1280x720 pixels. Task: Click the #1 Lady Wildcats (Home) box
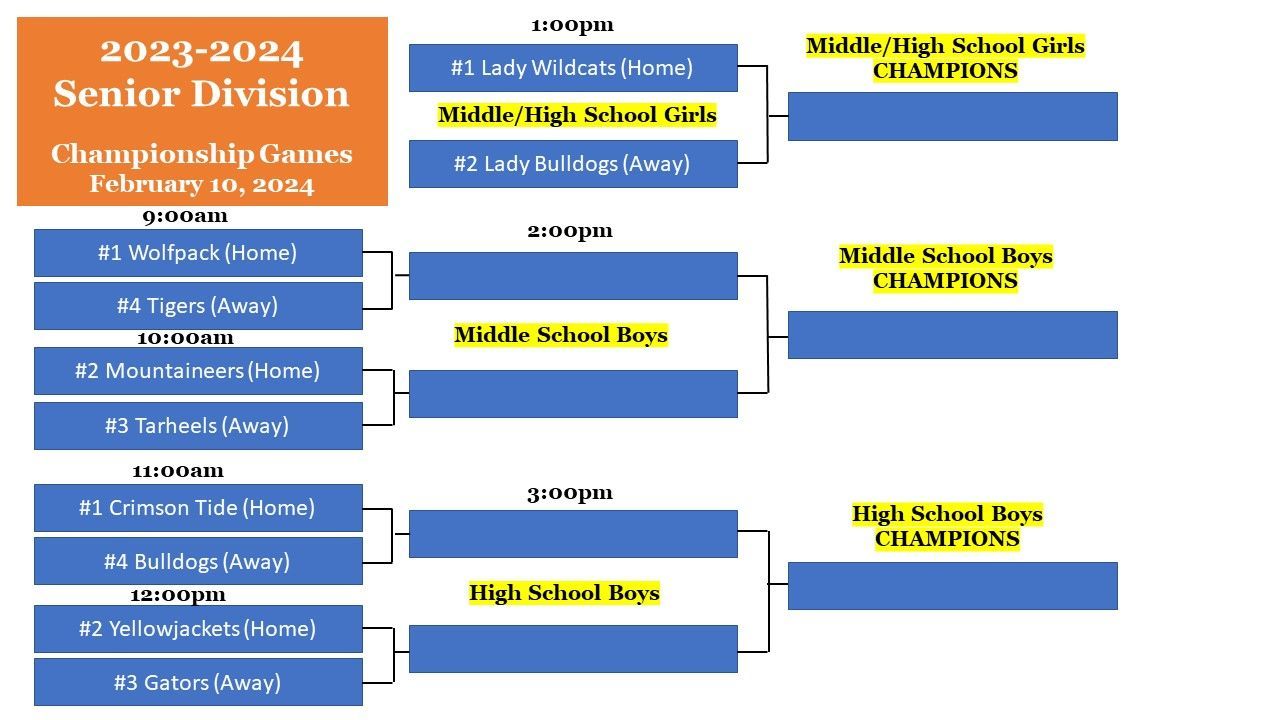tap(573, 68)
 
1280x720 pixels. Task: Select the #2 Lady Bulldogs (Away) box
tap(573, 164)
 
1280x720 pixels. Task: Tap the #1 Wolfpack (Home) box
tap(198, 253)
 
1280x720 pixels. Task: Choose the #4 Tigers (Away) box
tap(198, 306)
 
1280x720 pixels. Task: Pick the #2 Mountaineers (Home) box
tap(198, 371)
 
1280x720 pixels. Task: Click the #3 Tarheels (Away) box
tap(198, 426)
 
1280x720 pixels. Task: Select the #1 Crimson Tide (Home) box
tap(198, 508)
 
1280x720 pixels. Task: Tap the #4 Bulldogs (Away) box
tap(198, 561)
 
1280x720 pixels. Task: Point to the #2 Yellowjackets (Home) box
tap(198, 629)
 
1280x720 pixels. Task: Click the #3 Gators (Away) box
tap(198, 682)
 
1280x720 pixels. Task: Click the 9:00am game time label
tap(185, 216)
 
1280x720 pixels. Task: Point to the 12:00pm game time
tap(178, 595)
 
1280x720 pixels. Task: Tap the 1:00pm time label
tap(573, 25)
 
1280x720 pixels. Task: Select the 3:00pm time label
tap(570, 493)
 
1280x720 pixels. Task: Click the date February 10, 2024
tap(202, 185)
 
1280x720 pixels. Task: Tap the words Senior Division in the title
tap(201, 94)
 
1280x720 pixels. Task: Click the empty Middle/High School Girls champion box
tap(953, 117)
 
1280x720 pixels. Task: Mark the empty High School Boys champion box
tap(953, 586)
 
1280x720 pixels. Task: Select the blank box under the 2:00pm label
tap(573, 276)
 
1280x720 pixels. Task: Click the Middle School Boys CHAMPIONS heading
tap(946, 269)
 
